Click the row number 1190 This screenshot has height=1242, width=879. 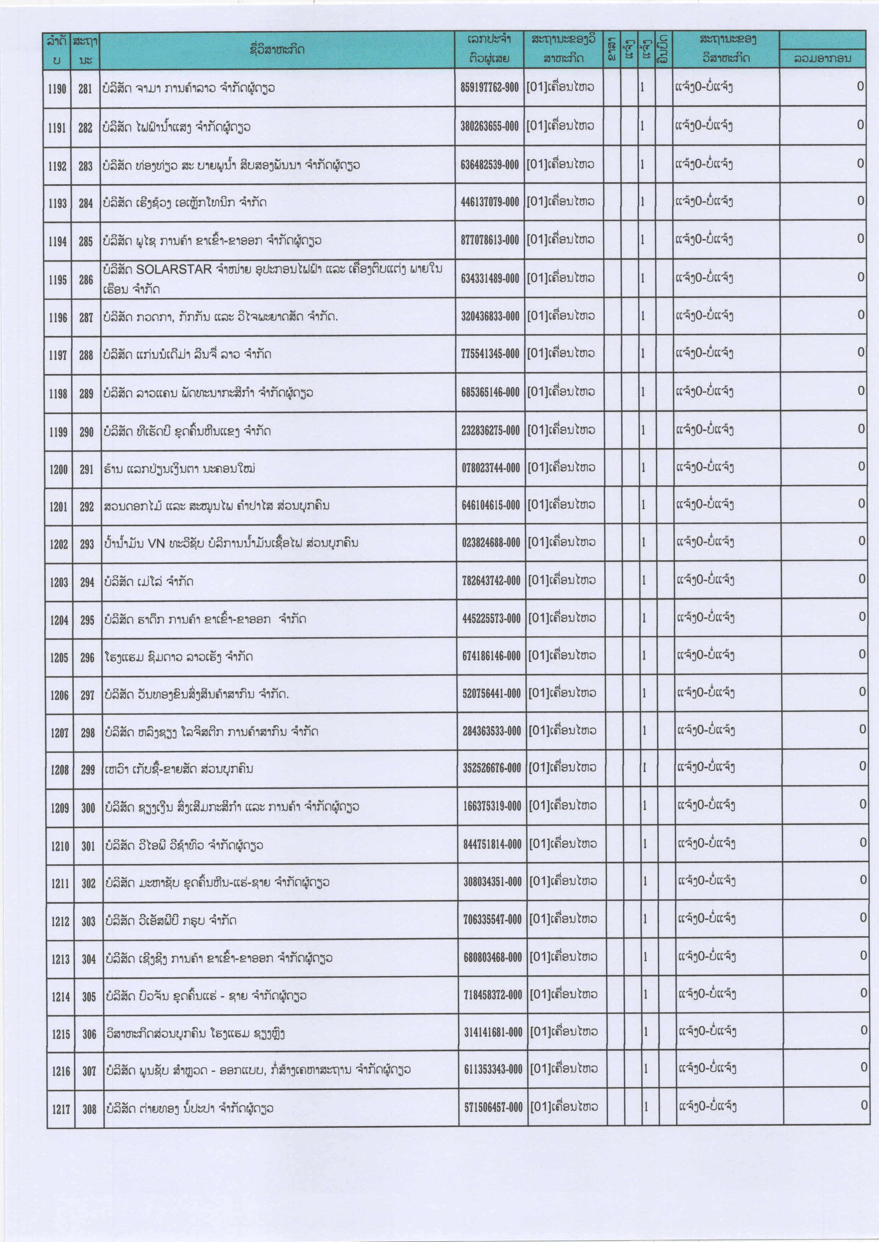click(x=57, y=89)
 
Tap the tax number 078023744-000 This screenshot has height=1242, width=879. click(x=491, y=468)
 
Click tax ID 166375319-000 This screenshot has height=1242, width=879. click(x=492, y=806)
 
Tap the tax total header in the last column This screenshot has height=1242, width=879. click(x=822, y=58)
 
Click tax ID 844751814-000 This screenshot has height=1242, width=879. click(x=492, y=844)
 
